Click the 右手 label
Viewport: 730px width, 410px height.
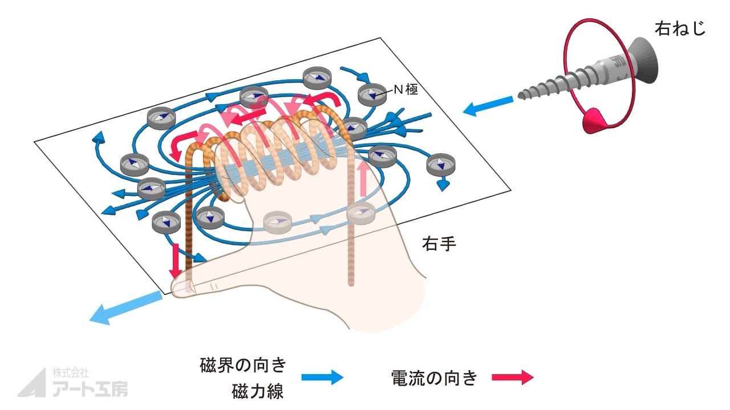click(x=439, y=245)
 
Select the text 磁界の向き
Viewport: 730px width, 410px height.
click(x=243, y=364)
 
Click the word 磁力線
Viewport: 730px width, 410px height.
click(x=258, y=392)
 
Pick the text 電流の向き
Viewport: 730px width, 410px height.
click(x=433, y=378)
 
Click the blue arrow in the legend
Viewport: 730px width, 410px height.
click(x=322, y=378)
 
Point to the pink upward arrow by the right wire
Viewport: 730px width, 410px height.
click(x=362, y=176)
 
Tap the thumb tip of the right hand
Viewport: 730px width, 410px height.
click(x=180, y=288)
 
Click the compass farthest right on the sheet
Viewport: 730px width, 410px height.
click(x=439, y=165)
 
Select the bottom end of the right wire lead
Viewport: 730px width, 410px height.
click(x=352, y=282)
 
